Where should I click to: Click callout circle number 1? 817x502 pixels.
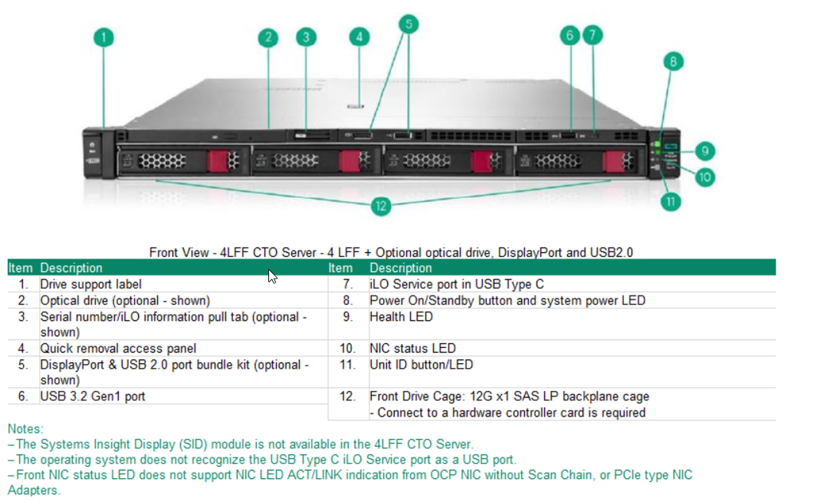pos(104,38)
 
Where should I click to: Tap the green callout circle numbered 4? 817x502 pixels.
pos(361,37)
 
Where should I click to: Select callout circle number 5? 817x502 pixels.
pos(408,24)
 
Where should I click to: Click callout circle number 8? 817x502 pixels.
pos(673,61)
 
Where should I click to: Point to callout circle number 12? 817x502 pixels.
pos(381,206)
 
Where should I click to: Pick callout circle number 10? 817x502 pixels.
pos(704,177)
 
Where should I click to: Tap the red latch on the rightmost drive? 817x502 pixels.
pos(613,160)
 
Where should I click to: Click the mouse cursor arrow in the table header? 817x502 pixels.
pos(273,276)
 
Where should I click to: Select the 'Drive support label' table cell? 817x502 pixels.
pos(91,284)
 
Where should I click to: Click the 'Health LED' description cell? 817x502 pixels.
pos(401,317)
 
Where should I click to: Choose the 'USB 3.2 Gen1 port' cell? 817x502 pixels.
pos(93,396)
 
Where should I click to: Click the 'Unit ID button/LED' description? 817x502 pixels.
pos(420,365)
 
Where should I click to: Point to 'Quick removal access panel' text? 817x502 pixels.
pos(118,348)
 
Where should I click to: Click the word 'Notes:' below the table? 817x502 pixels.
pos(26,429)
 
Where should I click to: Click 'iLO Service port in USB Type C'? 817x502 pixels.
pos(458,284)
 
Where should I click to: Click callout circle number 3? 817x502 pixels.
pos(306,37)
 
